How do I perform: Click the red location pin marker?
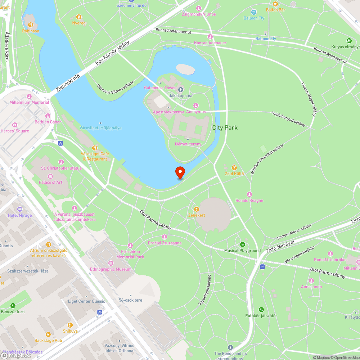point(180,172)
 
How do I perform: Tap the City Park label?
point(225,127)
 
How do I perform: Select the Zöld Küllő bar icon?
point(234,167)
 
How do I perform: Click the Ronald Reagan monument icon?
point(249,194)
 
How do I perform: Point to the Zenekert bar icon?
point(196,209)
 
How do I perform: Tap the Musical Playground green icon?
point(242,245)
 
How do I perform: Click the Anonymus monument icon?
point(196,105)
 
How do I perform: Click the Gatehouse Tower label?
point(160,88)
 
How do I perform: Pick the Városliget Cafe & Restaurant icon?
point(95,148)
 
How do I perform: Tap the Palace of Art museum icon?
point(50,176)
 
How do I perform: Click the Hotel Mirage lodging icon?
point(20,209)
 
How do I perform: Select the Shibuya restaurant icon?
point(70,325)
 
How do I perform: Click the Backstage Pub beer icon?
point(48,334)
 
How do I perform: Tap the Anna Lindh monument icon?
point(311,280)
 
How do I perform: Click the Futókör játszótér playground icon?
point(261,310)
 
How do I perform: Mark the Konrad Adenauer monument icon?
point(210,37)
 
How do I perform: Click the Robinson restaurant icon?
point(31,25)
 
